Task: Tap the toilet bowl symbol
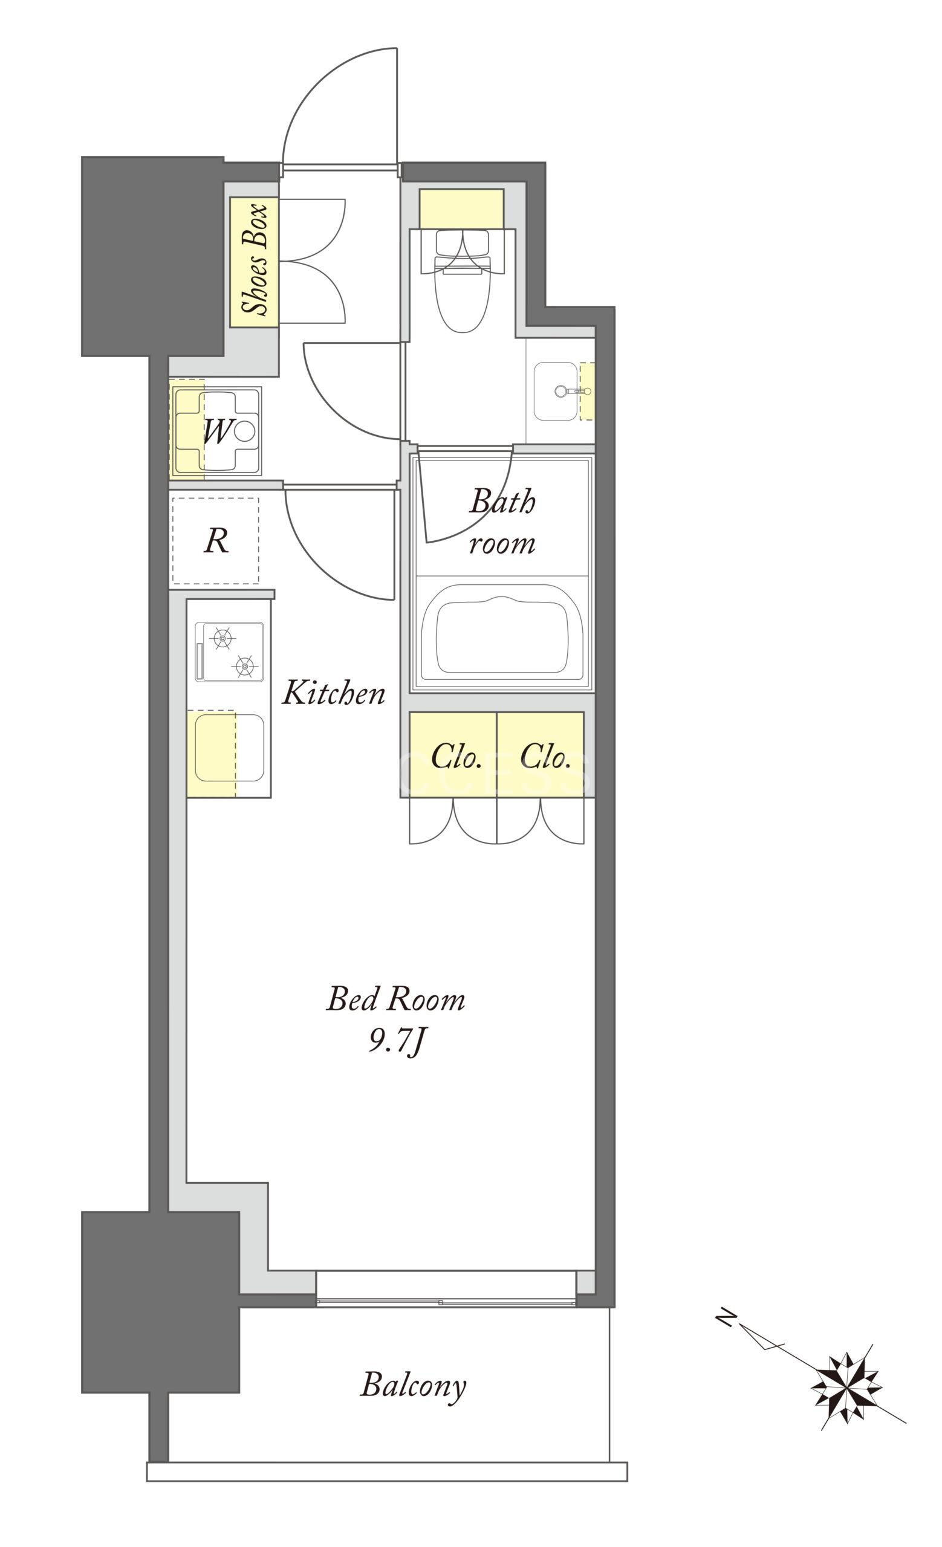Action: tap(462, 280)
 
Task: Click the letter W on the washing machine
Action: tap(217, 431)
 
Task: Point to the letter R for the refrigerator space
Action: tap(216, 541)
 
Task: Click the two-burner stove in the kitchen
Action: tap(229, 651)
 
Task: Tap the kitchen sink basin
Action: tap(229, 748)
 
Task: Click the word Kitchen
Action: tap(333, 693)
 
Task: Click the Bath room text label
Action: tap(502, 521)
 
